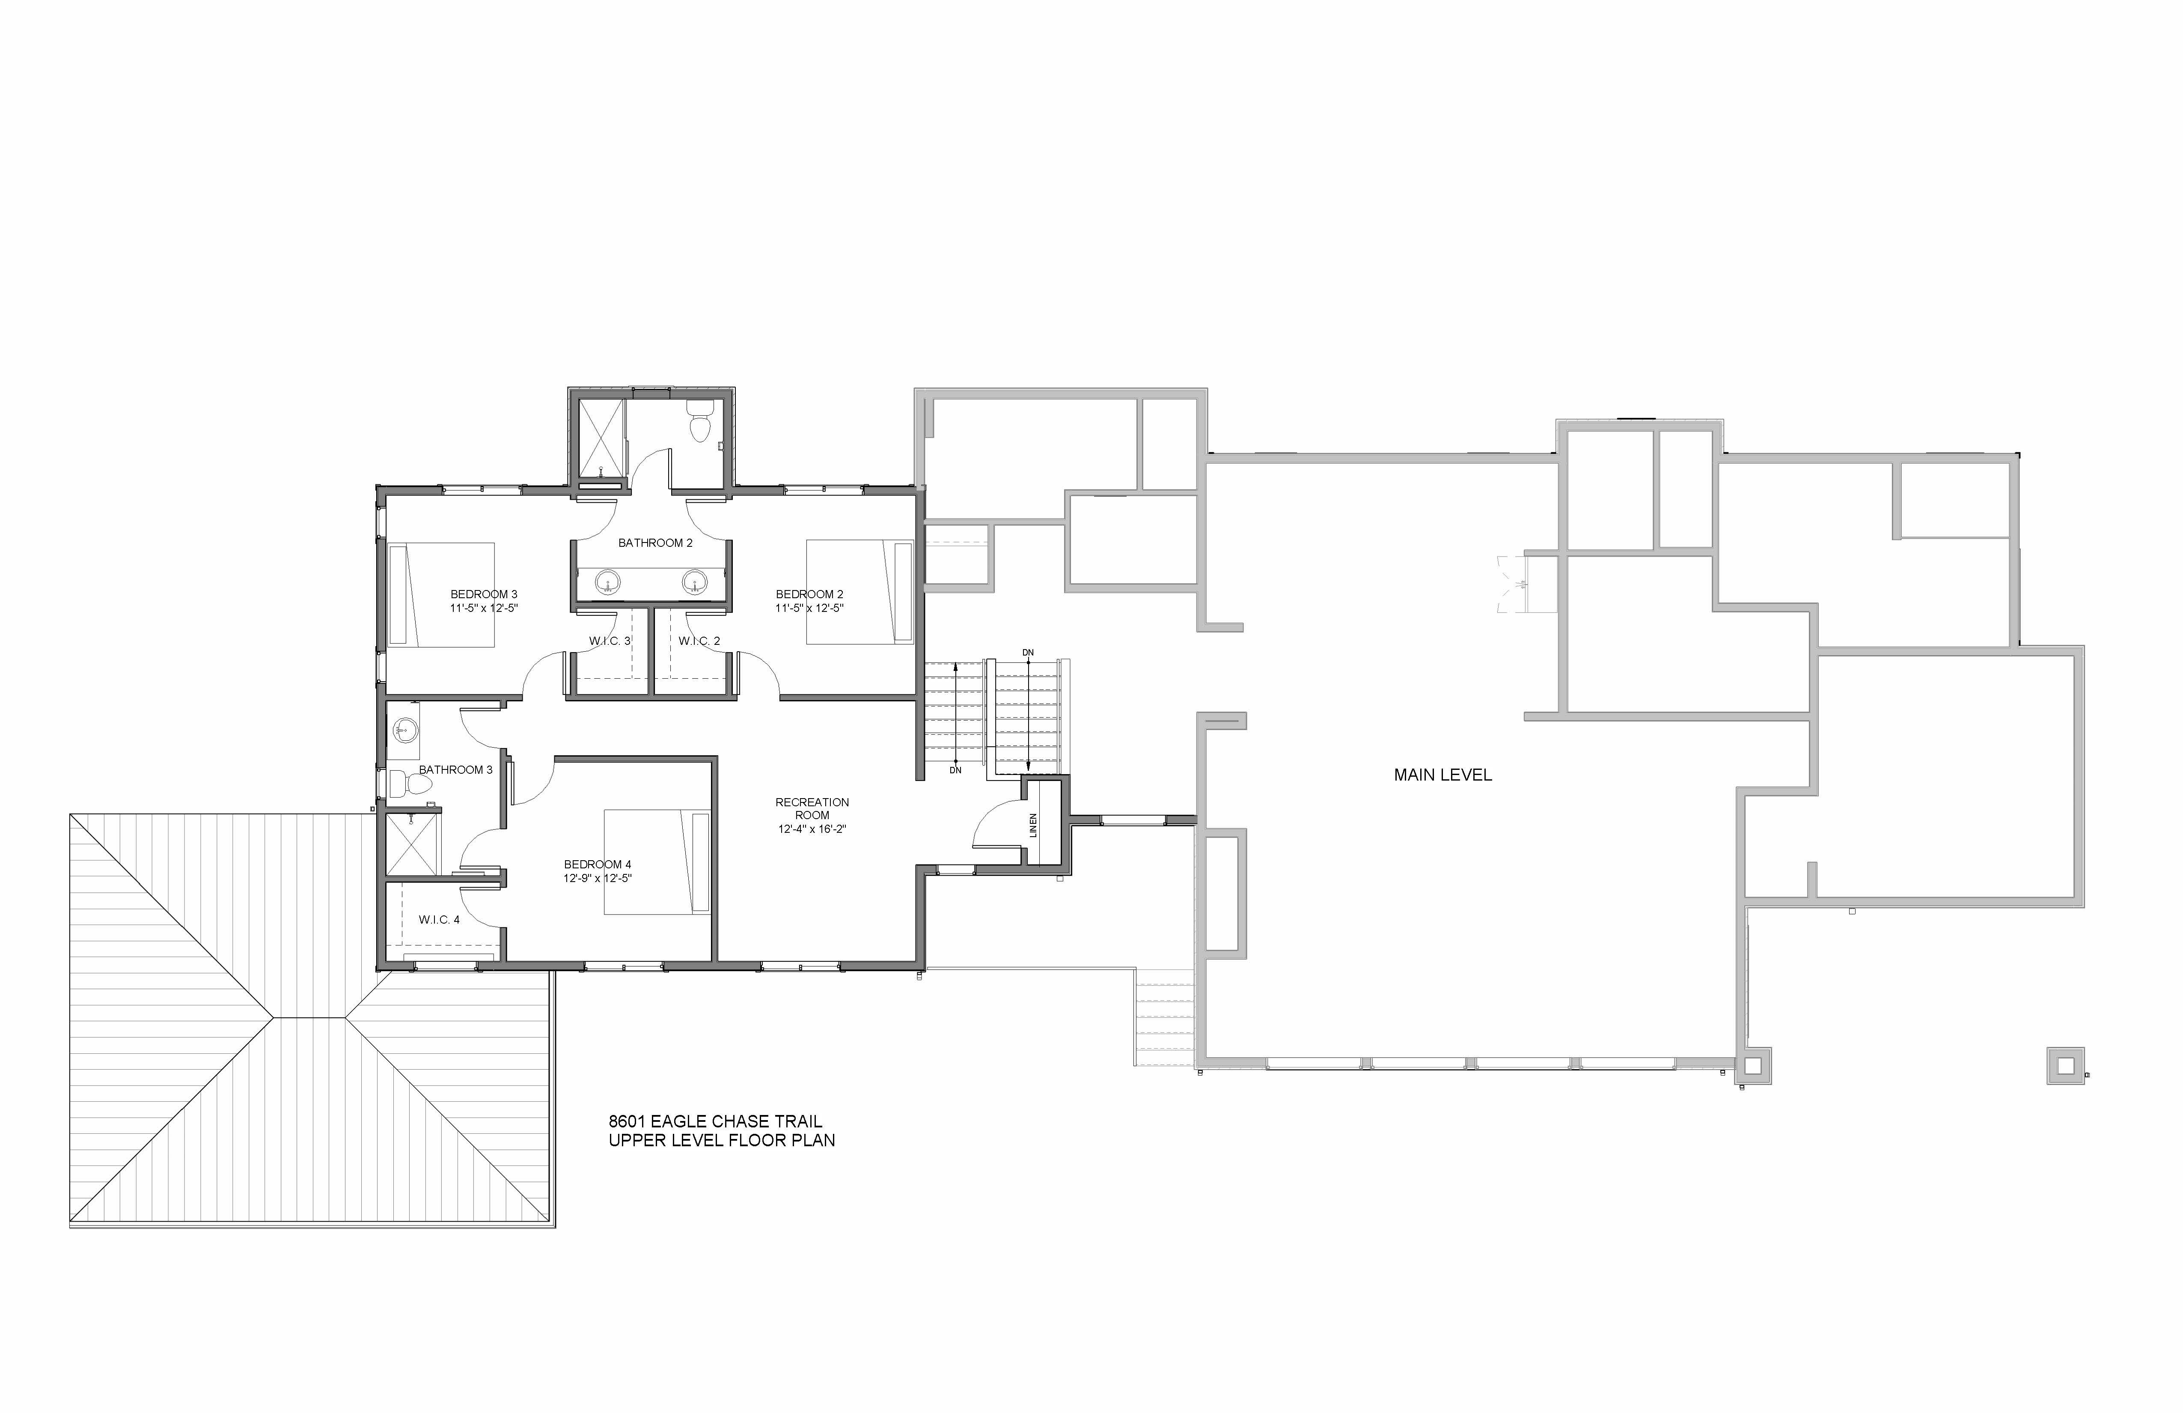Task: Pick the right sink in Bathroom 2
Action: (x=695, y=582)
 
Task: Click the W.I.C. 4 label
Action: (x=439, y=919)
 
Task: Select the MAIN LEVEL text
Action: (x=1443, y=775)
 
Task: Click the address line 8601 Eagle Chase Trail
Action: (x=715, y=1121)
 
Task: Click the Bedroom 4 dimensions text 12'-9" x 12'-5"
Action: (x=598, y=878)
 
